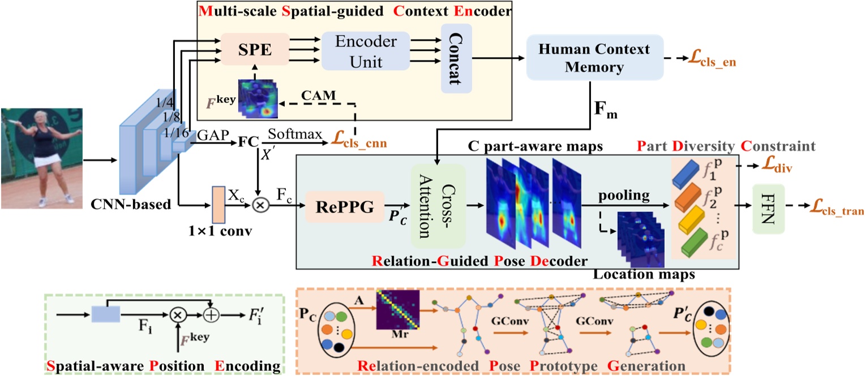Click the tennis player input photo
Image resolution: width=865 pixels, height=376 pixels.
(41, 158)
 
